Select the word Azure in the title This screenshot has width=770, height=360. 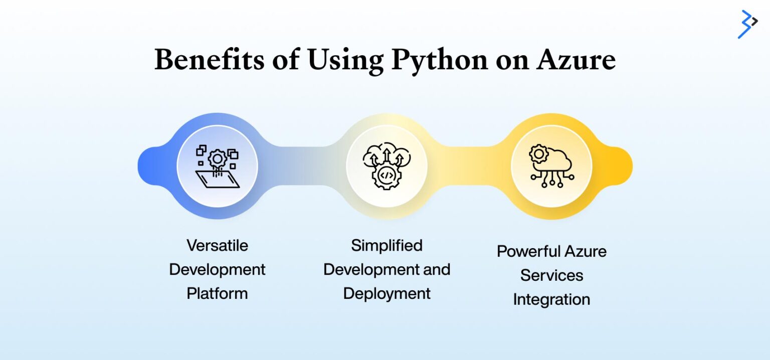[x=576, y=60]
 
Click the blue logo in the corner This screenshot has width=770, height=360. [x=747, y=24]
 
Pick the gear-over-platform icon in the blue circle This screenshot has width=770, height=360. [x=218, y=166]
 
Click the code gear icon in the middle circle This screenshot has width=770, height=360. [x=387, y=166]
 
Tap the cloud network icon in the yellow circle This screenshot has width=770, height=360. [x=551, y=166]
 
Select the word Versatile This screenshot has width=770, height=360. [x=218, y=245]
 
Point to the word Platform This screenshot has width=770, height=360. [x=218, y=293]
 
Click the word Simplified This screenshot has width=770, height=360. [x=387, y=245]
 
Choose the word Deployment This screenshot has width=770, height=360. [x=387, y=293]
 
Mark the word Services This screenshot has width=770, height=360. [x=551, y=275]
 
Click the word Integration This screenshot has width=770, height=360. [x=551, y=299]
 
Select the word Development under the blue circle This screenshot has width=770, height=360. [x=218, y=269]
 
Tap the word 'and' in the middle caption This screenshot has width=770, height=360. [x=437, y=269]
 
